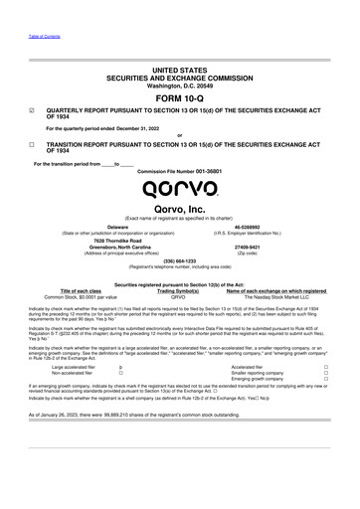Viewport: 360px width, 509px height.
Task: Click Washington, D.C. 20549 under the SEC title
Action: click(x=179, y=83)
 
